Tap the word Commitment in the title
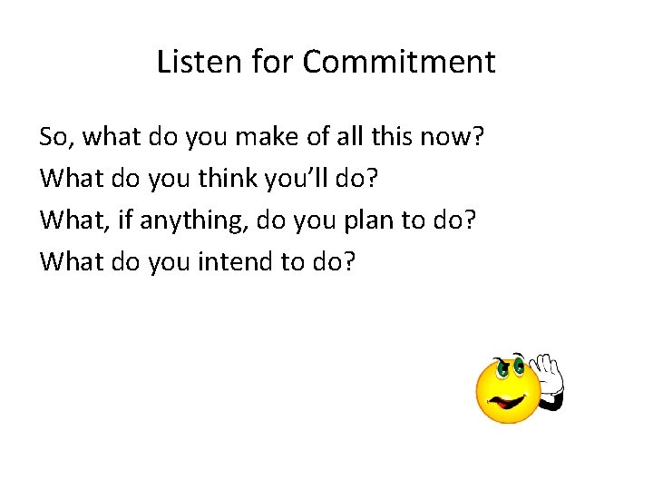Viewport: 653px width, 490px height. (x=399, y=63)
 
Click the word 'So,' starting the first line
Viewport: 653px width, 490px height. (x=57, y=139)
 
